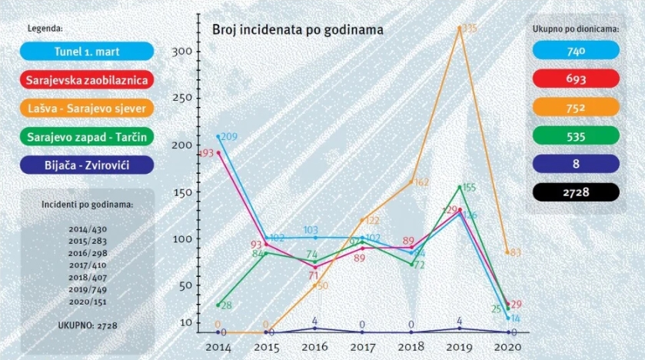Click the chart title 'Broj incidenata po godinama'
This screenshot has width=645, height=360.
point(298,29)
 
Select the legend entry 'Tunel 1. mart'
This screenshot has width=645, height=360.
point(82,52)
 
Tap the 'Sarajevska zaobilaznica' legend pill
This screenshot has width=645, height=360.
point(82,80)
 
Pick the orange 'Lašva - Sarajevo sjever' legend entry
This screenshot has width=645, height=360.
point(82,108)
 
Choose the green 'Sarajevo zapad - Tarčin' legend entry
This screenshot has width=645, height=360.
point(82,137)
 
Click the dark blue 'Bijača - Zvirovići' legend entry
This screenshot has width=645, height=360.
point(82,165)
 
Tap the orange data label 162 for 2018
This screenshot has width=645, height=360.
point(421,183)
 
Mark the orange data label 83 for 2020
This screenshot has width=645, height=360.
point(515,252)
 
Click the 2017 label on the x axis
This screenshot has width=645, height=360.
point(363,347)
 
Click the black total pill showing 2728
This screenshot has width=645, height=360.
point(576,192)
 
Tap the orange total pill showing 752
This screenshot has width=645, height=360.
point(576,108)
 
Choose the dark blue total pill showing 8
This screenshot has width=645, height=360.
point(576,164)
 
